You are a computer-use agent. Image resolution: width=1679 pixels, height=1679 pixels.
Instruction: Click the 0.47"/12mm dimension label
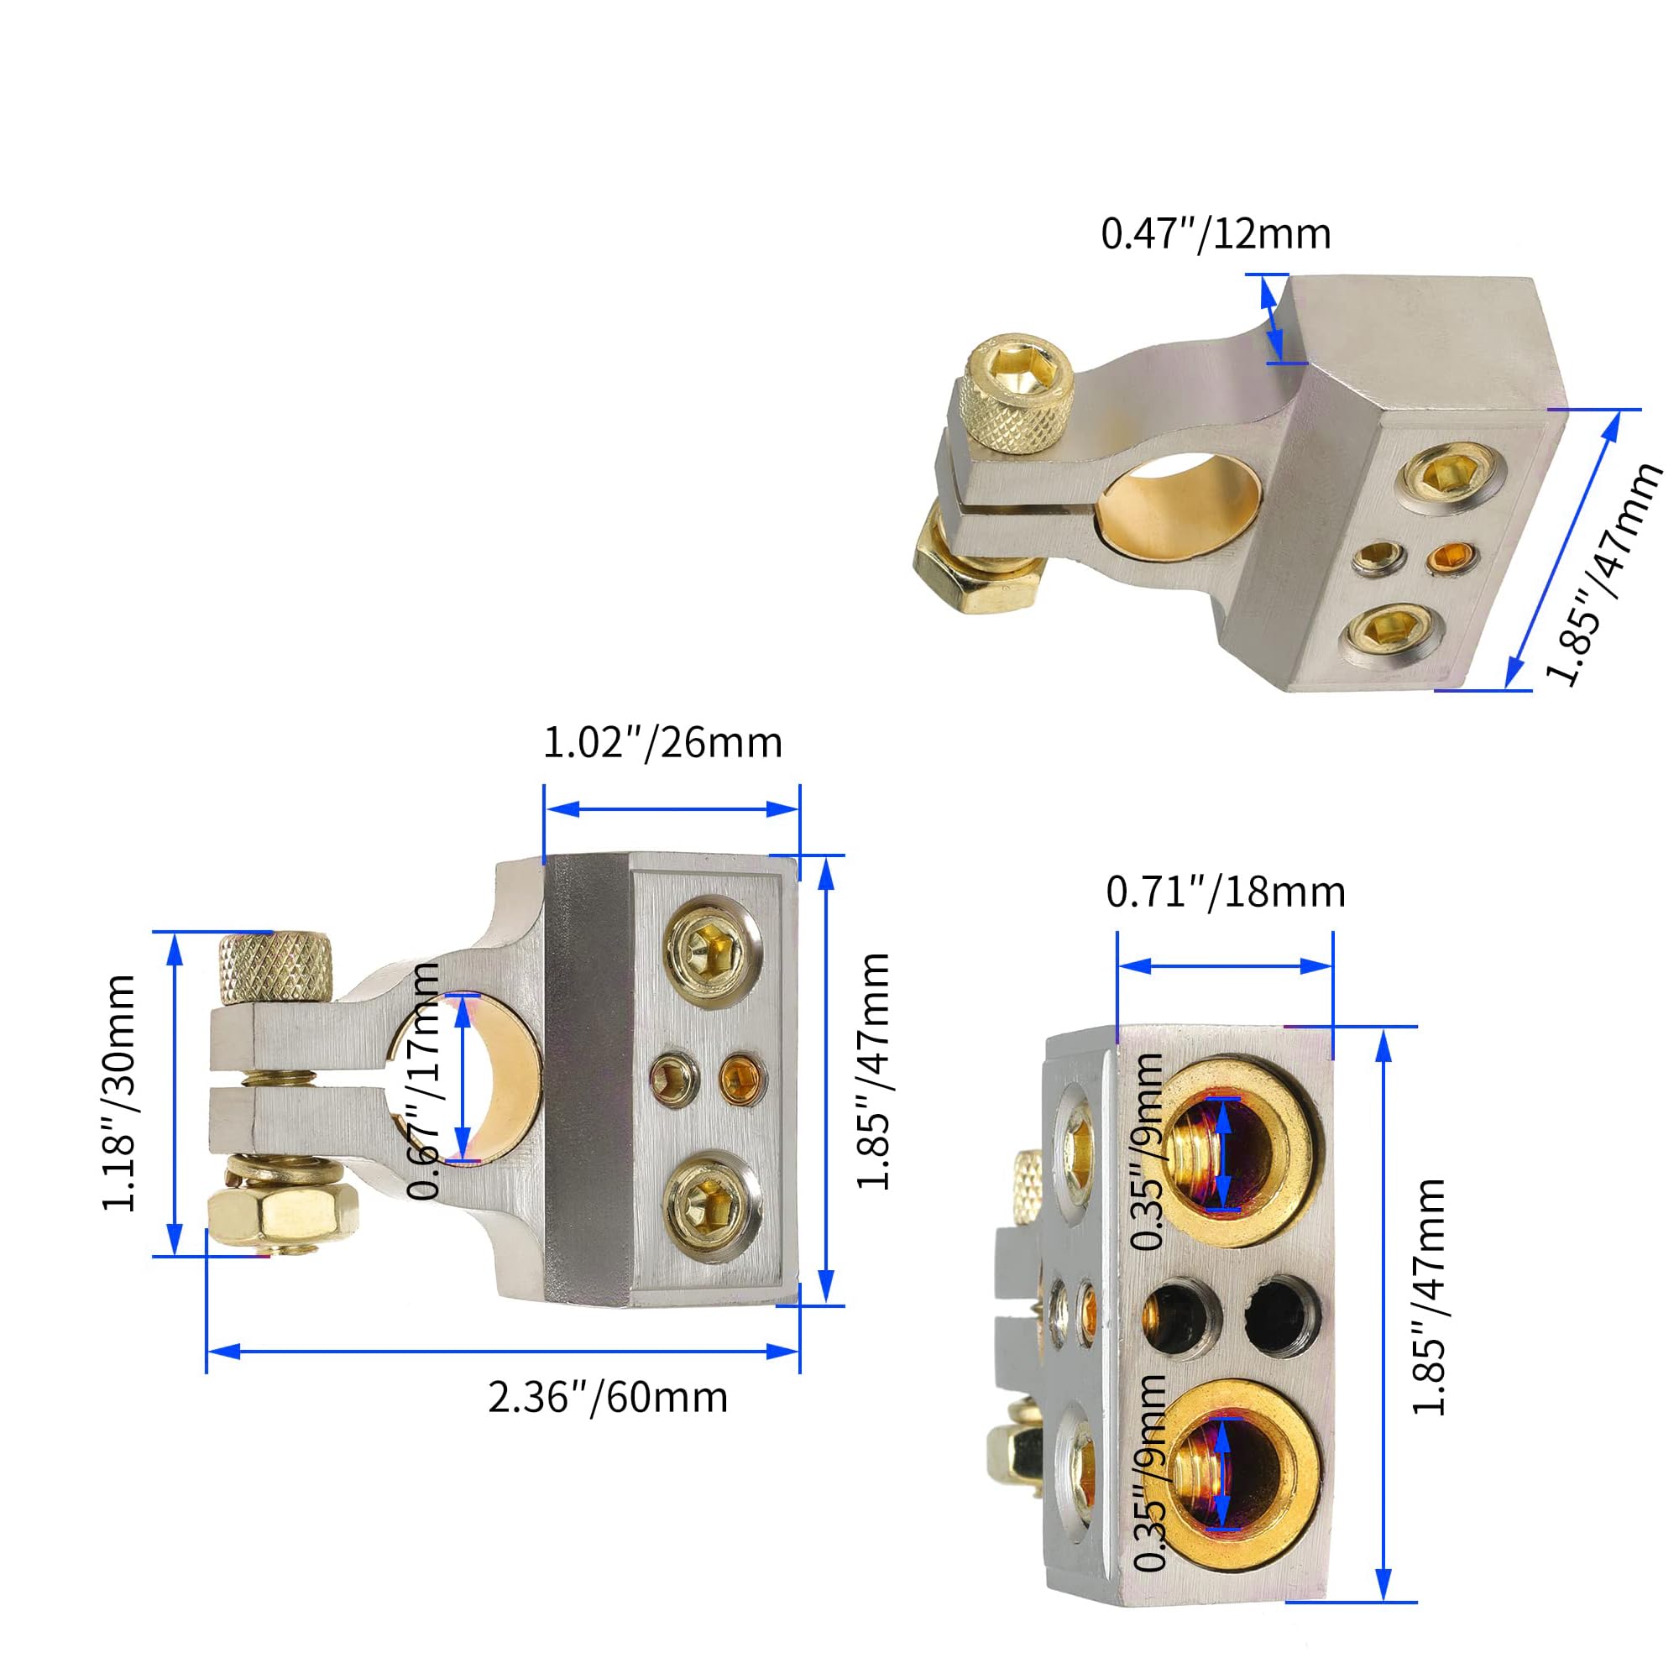(x=1215, y=235)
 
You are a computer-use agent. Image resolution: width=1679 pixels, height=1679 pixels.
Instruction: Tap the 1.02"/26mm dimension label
(x=662, y=743)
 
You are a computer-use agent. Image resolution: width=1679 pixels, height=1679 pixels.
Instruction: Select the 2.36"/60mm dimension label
(x=608, y=1398)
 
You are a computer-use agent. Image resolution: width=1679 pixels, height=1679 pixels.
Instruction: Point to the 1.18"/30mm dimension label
(x=119, y=1092)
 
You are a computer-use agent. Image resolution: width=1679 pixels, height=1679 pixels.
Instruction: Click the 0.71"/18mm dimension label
(x=1226, y=892)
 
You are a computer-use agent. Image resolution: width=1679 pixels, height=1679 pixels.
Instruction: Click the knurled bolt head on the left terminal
(x=275, y=966)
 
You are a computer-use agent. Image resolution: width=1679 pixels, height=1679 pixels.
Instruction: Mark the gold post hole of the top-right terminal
(x=1178, y=504)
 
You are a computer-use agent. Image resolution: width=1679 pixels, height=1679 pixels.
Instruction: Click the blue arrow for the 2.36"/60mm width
(x=502, y=1352)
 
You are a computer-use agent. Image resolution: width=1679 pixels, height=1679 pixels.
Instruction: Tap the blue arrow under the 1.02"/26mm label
(x=670, y=809)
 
